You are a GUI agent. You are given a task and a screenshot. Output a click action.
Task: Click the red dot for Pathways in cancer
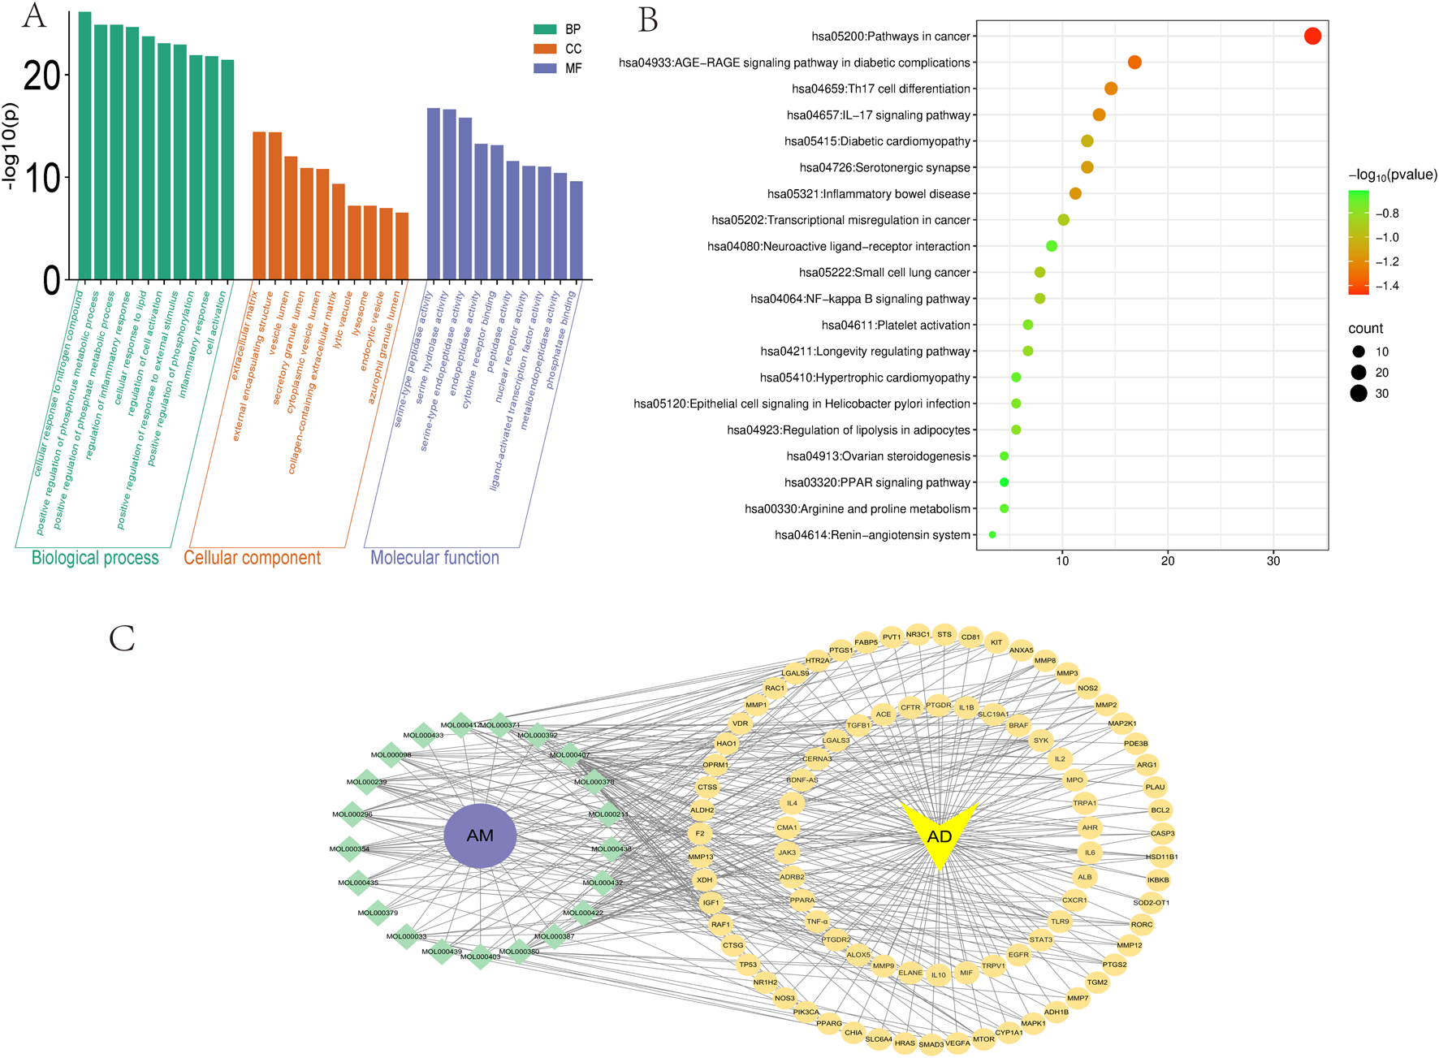tap(1312, 36)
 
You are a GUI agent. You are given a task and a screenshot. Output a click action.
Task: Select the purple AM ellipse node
tap(480, 836)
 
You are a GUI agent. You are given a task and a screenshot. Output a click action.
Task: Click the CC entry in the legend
tap(573, 49)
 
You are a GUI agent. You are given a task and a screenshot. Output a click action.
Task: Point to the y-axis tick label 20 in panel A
tap(41, 76)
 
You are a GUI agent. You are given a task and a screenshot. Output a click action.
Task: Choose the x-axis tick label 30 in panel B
tap(1273, 561)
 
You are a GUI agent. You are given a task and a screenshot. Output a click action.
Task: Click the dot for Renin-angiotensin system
tap(992, 535)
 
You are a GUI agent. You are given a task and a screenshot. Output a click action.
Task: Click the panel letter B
tap(647, 20)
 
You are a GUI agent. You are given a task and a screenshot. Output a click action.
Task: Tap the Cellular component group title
tap(252, 558)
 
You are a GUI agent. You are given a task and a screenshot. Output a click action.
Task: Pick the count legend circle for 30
tap(1359, 394)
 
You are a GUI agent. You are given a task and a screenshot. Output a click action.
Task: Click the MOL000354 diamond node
tap(350, 849)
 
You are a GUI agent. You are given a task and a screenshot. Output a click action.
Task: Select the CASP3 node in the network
tap(1162, 833)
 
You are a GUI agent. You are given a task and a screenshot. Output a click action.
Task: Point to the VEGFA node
tap(957, 1043)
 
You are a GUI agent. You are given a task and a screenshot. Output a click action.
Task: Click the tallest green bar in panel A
tap(84, 146)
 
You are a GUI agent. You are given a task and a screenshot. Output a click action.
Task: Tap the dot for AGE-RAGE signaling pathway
tap(1134, 63)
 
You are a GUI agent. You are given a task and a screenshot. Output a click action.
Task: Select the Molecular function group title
tap(434, 558)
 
